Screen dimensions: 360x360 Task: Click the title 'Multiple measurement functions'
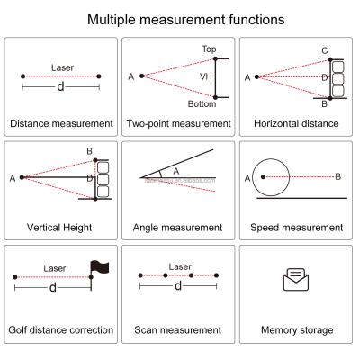pyautogui.click(x=180, y=18)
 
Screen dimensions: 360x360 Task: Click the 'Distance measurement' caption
pyautogui.click(x=61, y=122)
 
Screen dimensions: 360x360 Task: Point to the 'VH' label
pyautogui.click(x=205, y=77)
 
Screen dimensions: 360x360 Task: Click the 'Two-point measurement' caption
pyautogui.click(x=180, y=122)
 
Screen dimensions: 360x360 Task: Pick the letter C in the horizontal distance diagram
pyautogui.click(x=324, y=49)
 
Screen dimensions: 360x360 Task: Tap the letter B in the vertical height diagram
pyautogui.click(x=89, y=150)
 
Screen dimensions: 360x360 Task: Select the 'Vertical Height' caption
pyautogui.click(x=61, y=227)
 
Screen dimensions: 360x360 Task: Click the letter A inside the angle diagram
pyautogui.click(x=175, y=168)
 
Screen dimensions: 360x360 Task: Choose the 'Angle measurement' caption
pyautogui.click(x=180, y=227)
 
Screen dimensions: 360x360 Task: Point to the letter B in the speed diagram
pyautogui.click(x=337, y=177)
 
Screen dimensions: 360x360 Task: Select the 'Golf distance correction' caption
pyautogui.click(x=61, y=330)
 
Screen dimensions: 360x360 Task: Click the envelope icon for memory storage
pyautogui.click(x=296, y=281)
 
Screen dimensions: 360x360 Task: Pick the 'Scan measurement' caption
pyautogui.click(x=180, y=330)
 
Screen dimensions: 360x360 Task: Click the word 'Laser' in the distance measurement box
pyautogui.click(x=62, y=67)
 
